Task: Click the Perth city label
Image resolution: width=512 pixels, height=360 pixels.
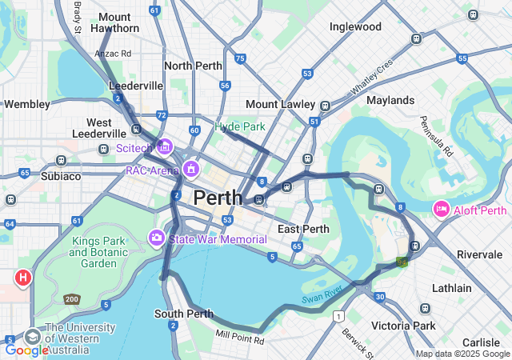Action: click(218, 198)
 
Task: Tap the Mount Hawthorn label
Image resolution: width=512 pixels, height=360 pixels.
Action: click(115, 22)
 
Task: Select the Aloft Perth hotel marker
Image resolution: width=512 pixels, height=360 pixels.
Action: click(441, 210)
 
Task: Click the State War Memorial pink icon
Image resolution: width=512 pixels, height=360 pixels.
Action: click(157, 238)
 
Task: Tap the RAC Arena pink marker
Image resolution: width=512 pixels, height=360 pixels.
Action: click(190, 170)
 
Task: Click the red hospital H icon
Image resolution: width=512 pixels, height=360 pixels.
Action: click(23, 278)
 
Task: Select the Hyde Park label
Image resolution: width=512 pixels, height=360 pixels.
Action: click(239, 126)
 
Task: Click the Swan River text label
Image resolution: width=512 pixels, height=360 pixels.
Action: click(322, 294)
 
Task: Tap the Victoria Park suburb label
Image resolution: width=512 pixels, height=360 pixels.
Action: click(403, 326)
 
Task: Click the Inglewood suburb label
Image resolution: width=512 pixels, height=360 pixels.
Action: click(355, 26)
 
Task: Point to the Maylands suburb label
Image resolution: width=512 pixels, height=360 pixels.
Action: click(390, 100)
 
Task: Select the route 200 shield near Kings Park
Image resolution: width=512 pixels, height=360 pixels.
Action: click(72, 299)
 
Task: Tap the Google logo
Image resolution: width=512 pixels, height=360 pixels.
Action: click(26, 350)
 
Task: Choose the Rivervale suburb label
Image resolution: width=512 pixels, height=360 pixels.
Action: click(479, 254)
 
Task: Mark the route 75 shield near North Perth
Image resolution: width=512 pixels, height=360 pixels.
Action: click(240, 58)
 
